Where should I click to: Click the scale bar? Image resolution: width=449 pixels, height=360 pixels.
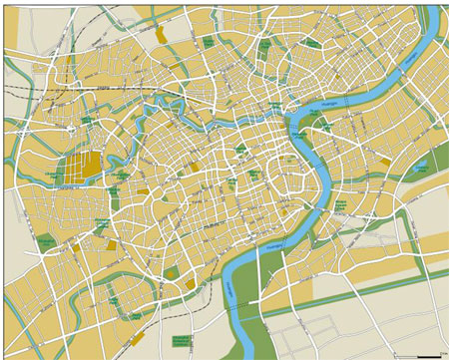[429, 353]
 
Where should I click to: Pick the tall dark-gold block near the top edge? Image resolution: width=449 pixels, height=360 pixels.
[162, 34]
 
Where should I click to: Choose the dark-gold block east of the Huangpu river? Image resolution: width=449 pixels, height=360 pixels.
[384, 161]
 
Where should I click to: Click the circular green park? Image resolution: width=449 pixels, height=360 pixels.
[242, 152]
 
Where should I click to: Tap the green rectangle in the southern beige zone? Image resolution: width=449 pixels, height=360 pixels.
[181, 340]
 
